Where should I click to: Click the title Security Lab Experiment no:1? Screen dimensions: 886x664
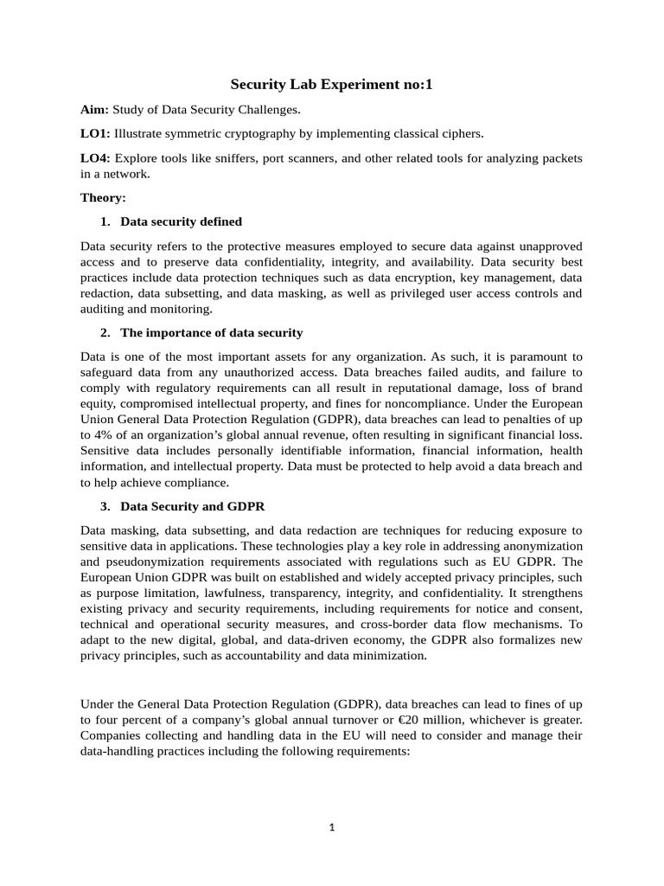point(331,85)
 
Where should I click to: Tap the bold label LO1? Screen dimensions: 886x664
point(95,133)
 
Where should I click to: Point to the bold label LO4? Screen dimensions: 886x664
point(95,157)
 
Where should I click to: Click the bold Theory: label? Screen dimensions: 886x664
point(104,197)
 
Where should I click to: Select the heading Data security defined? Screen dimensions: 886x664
point(181,221)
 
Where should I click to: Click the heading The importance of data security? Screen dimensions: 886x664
point(211,333)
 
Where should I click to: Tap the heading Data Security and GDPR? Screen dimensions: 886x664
point(192,506)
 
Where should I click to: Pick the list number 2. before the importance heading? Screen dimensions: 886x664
point(105,333)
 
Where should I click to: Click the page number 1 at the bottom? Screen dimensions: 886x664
point(331,827)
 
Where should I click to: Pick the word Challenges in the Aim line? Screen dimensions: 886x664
point(270,109)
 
